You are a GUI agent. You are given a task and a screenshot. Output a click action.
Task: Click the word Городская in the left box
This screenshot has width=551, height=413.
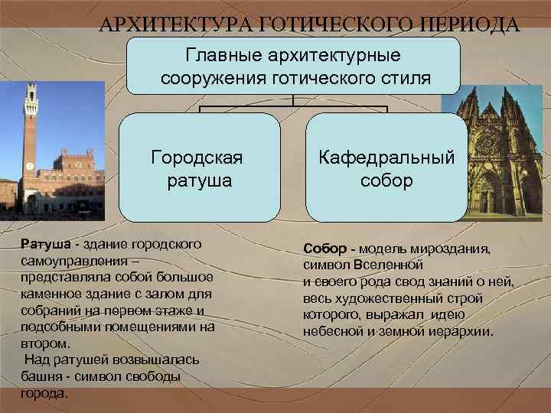point(197,158)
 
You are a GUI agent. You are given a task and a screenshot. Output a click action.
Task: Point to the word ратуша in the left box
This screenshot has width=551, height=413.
point(197,181)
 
